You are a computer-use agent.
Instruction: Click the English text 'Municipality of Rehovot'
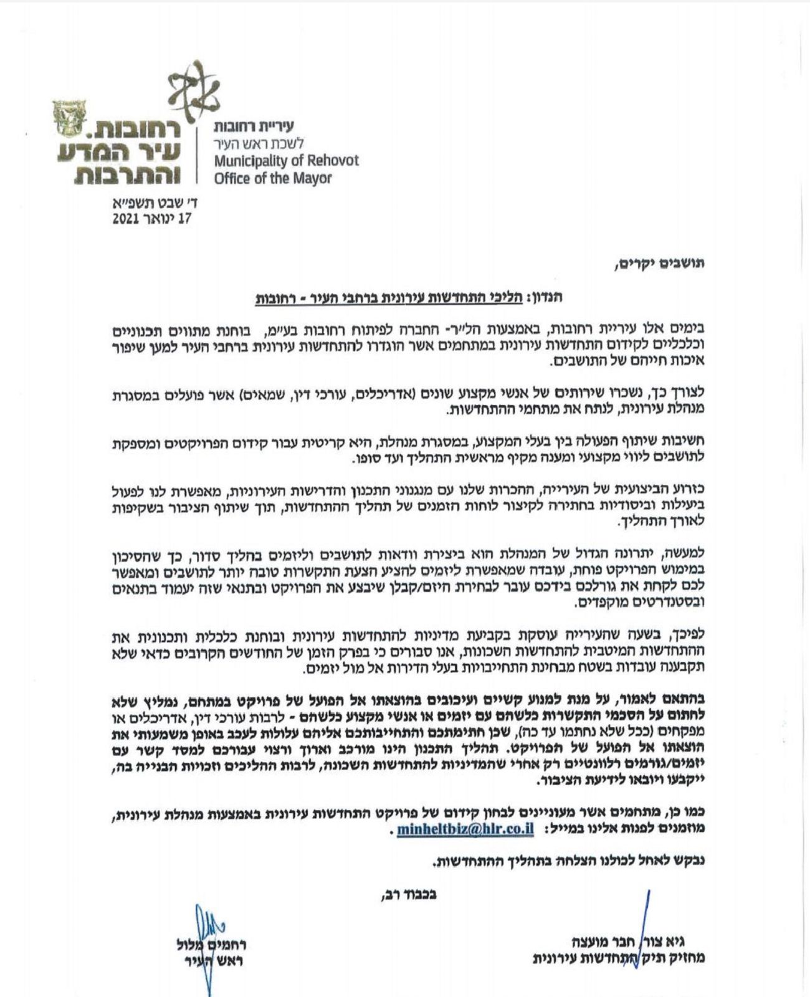(286, 161)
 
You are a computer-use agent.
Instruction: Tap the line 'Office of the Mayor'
(273, 178)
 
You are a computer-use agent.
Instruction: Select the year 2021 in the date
(127, 219)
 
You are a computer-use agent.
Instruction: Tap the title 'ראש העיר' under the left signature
(217, 960)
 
